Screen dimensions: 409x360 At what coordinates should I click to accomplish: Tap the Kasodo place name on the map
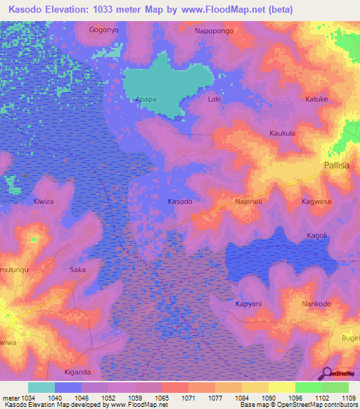tap(180, 202)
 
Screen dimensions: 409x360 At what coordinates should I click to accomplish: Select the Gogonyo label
tap(104, 30)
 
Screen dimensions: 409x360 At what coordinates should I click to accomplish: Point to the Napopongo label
tap(214, 32)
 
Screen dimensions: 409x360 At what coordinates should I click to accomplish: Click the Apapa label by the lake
tap(146, 99)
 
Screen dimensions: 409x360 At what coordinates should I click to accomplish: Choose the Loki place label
tap(215, 99)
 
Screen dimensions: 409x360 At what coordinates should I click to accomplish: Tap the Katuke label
tap(316, 99)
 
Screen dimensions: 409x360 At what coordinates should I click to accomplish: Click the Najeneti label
tap(248, 202)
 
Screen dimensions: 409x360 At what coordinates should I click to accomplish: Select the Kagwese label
tap(316, 202)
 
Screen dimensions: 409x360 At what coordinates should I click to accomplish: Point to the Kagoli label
tap(318, 235)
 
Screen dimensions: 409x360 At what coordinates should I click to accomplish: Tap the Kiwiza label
tap(43, 202)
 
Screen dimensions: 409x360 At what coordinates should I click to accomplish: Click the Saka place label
tap(77, 269)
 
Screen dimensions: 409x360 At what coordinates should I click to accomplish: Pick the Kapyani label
tap(248, 304)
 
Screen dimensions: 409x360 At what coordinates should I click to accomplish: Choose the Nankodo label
tap(316, 304)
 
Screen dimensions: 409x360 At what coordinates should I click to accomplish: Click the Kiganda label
tap(77, 372)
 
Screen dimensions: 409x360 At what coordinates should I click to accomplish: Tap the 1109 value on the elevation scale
tap(349, 398)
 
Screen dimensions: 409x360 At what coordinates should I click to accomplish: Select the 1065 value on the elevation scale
tap(161, 398)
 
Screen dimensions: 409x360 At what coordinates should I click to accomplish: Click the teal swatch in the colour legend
tap(41, 387)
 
